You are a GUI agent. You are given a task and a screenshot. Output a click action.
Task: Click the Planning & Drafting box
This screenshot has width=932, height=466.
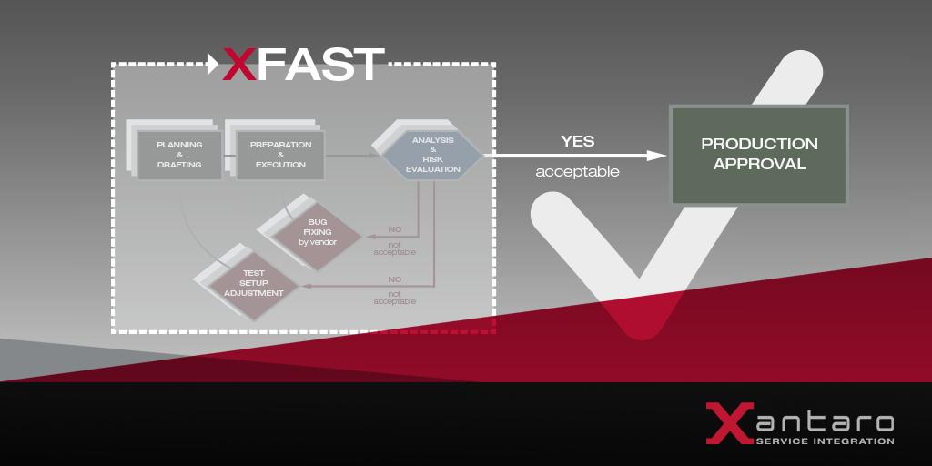point(179,155)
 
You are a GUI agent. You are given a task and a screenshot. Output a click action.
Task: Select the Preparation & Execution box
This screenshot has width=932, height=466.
point(280,155)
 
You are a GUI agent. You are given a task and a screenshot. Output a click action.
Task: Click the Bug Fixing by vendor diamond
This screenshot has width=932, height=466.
point(317,232)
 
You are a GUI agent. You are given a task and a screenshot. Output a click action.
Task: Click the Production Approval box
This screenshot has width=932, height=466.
point(759,155)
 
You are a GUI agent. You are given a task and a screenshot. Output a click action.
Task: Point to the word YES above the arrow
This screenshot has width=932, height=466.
point(577,141)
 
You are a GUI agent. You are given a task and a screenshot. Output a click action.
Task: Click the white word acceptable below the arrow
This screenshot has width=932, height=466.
point(577,171)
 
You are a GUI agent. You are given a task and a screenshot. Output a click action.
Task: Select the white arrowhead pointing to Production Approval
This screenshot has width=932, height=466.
point(659,156)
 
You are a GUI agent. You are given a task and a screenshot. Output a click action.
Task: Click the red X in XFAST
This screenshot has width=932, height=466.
point(239,65)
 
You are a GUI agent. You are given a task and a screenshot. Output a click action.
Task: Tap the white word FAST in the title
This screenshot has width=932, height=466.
point(319,65)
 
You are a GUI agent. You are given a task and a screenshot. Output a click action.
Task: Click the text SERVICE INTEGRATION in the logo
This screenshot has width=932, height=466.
point(825,441)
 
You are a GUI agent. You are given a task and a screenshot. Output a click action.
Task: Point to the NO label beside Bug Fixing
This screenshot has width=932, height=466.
point(394,229)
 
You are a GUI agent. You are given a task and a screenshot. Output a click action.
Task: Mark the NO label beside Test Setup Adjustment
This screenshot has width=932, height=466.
point(394,279)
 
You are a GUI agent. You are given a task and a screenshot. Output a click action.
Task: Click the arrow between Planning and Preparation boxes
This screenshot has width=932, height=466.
point(228,156)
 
